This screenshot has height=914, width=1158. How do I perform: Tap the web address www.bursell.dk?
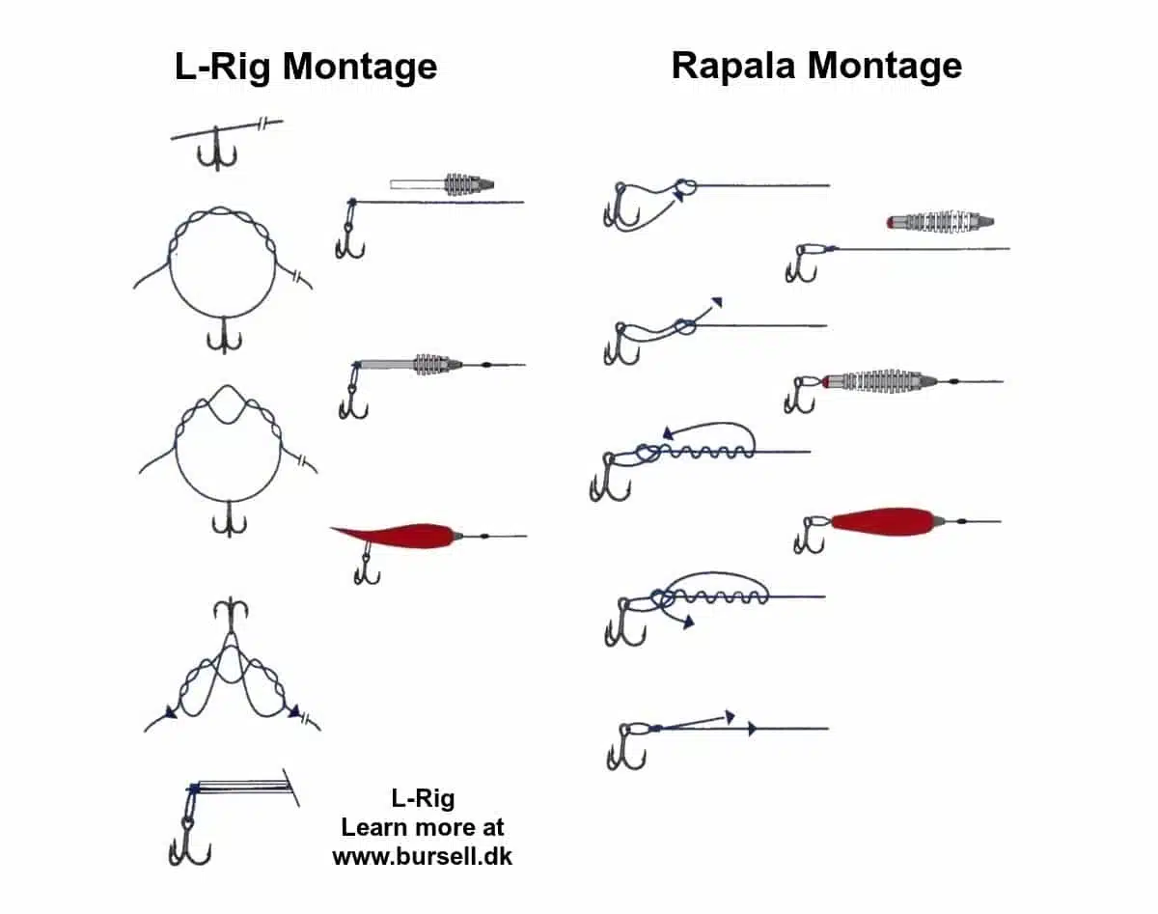coord(422,855)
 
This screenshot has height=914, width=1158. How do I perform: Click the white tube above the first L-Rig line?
coord(416,183)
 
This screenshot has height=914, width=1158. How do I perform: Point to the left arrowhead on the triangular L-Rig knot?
coord(171,713)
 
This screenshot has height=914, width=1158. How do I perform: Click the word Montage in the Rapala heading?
coord(885,66)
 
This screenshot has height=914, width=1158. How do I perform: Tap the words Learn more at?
coord(422,827)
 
